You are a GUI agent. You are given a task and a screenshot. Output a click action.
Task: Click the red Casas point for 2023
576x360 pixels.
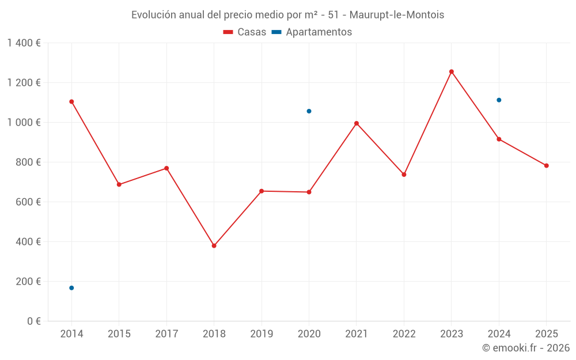(452, 71)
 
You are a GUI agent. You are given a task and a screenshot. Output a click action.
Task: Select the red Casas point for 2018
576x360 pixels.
(214, 246)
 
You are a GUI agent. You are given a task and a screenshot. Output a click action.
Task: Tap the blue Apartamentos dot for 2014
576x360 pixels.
(71, 288)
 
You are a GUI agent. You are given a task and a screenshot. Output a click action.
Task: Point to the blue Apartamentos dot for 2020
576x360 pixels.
(309, 111)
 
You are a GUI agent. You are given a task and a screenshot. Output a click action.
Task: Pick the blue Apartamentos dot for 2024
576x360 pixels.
(499, 100)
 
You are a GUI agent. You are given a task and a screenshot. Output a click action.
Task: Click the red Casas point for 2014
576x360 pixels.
(71, 101)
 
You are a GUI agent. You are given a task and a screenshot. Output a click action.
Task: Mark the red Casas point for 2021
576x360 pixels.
(357, 123)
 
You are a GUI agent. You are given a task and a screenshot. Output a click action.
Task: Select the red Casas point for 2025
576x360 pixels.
(547, 166)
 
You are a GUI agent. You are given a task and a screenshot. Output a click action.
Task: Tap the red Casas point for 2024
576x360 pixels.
(499, 139)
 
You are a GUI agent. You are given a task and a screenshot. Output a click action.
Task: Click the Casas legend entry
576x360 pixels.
(245, 32)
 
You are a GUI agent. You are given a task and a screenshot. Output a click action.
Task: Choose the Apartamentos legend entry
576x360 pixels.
(312, 32)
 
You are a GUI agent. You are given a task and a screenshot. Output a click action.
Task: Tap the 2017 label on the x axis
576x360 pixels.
(166, 334)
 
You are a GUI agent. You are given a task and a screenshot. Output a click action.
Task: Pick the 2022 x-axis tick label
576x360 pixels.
(404, 334)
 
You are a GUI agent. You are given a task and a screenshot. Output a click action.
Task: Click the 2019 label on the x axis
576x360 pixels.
(262, 334)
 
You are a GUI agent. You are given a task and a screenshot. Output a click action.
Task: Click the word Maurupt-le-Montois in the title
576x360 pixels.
(397, 15)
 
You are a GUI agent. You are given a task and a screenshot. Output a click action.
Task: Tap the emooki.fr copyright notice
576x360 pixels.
(526, 348)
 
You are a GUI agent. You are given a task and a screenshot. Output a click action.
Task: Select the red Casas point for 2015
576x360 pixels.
(119, 184)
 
